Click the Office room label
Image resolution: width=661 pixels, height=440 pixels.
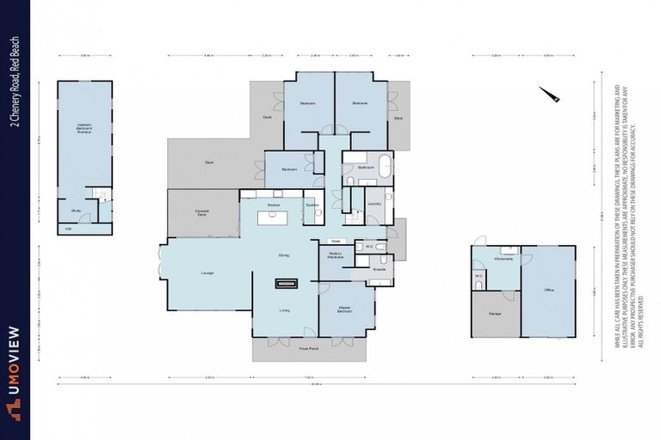pos(548,290)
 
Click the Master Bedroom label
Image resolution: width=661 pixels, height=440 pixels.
pos(344,309)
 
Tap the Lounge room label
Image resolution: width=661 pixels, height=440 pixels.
pos(207,273)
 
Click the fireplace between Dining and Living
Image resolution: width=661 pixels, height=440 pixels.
pos(284,282)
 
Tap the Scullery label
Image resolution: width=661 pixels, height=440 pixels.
pos(312,205)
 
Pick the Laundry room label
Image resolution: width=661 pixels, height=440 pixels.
pos(374,204)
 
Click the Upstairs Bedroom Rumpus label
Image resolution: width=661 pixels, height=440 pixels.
pos(83,129)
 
